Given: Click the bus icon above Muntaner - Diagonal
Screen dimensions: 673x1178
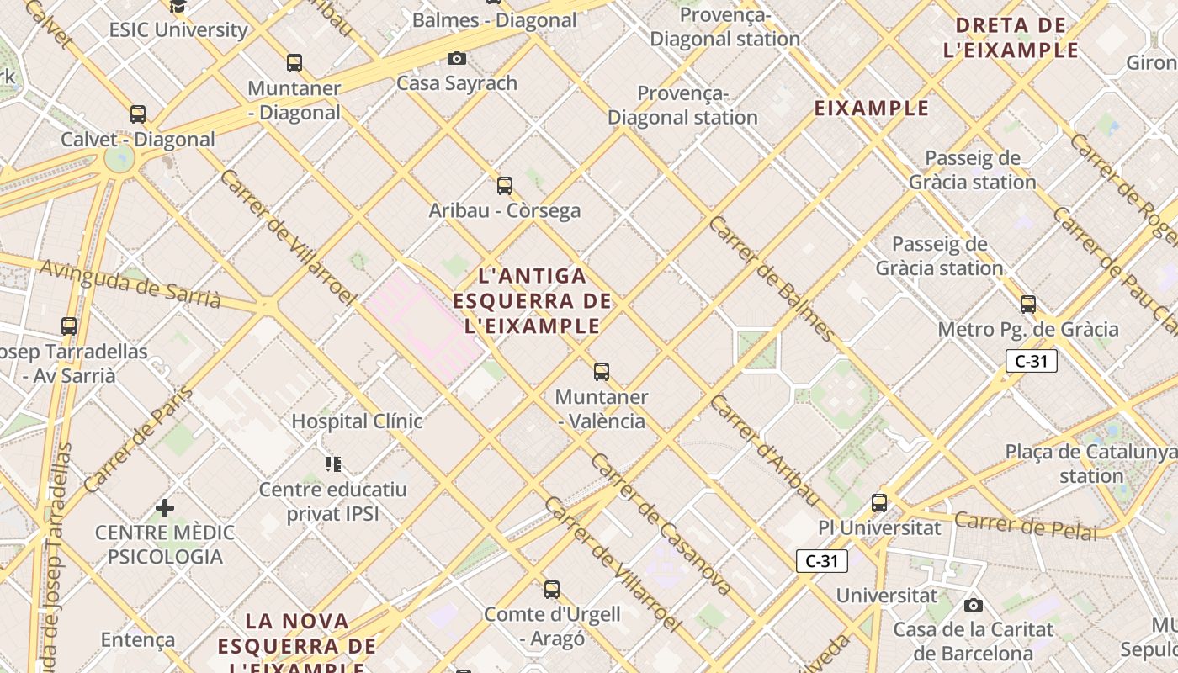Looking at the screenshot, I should [294, 62].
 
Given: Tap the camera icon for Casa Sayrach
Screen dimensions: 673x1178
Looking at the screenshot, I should [457, 58].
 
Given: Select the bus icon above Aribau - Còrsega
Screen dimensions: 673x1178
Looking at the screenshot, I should [505, 185].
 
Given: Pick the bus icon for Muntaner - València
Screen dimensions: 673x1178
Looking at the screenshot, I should [601, 371].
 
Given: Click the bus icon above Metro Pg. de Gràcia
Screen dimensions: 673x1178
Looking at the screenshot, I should [1027, 304].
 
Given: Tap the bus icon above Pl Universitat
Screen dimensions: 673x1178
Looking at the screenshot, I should [879, 502].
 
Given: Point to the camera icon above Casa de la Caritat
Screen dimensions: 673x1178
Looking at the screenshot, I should [974, 605].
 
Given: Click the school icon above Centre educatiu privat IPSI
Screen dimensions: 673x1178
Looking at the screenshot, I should [333, 464].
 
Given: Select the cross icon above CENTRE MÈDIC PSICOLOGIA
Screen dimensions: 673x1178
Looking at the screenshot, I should [165, 507].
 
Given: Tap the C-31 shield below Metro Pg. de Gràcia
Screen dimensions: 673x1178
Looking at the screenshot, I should [1031, 362].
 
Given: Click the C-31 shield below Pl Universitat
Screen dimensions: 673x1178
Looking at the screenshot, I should [821, 561].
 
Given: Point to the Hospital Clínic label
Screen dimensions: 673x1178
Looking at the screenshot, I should [357, 421].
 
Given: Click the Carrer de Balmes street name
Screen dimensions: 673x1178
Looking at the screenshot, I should [772, 278].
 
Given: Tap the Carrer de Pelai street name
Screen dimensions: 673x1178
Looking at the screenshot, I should [1026, 525].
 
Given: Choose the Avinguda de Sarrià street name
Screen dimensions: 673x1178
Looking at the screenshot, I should [130, 283].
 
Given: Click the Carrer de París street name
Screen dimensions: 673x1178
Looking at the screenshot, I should [139, 439].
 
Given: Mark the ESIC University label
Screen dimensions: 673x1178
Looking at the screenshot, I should [178, 29].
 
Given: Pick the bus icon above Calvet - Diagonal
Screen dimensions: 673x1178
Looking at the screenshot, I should [138, 114].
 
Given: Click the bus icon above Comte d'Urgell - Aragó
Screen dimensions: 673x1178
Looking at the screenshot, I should [552, 589].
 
